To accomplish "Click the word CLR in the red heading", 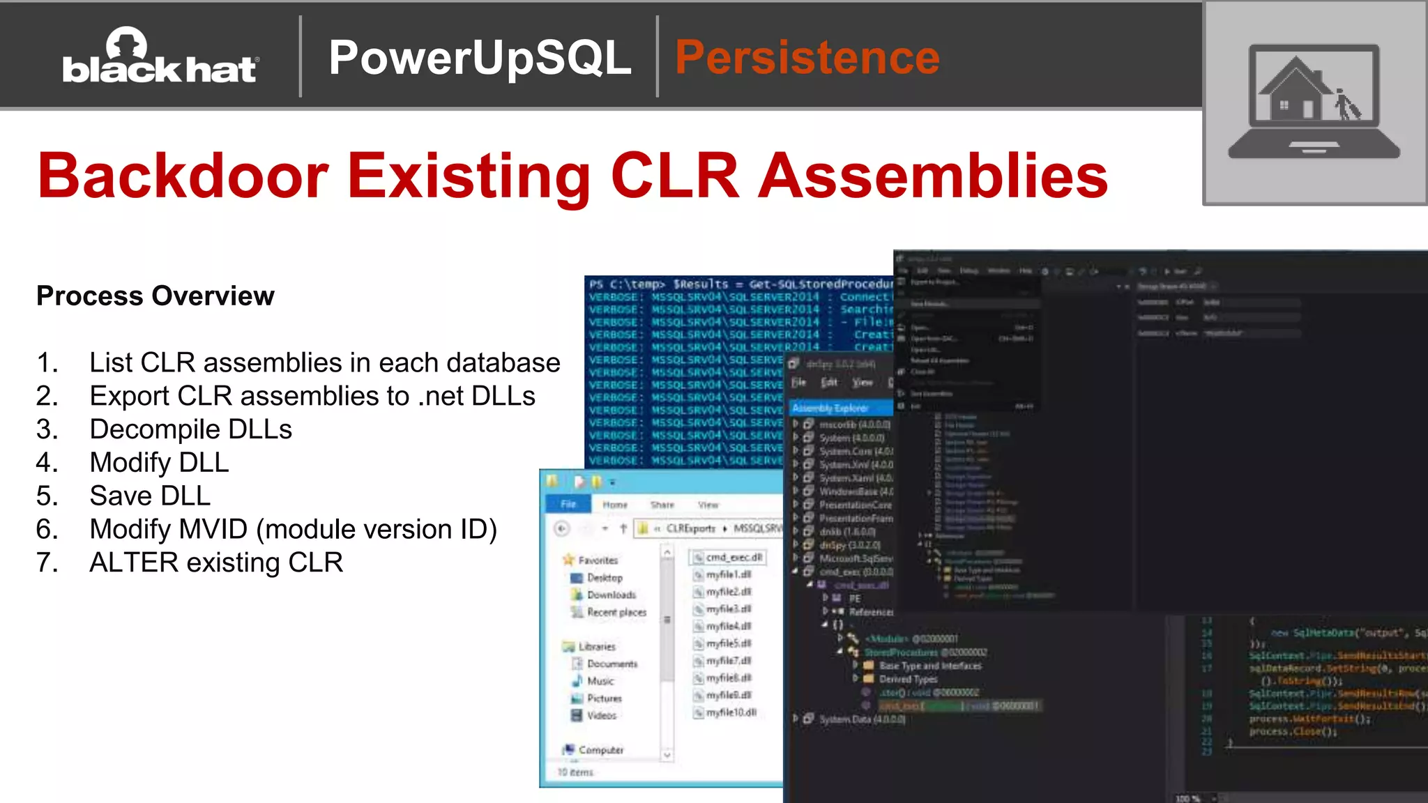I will click(x=674, y=176).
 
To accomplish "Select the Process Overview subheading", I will click(x=155, y=296).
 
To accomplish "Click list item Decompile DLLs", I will click(x=190, y=429).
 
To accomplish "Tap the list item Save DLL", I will click(x=150, y=496).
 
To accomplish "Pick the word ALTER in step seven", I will click(x=134, y=563).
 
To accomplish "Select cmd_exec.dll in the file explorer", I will click(x=733, y=558).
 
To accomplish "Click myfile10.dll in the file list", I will click(x=730, y=712).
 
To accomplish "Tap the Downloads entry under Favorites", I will click(x=611, y=595).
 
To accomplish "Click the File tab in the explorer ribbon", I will click(x=568, y=504).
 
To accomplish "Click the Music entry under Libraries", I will click(x=600, y=681).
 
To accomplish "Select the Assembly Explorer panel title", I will click(x=830, y=408).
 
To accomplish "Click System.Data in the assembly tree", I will click(x=861, y=719).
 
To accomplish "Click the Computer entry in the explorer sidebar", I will click(x=600, y=750).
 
